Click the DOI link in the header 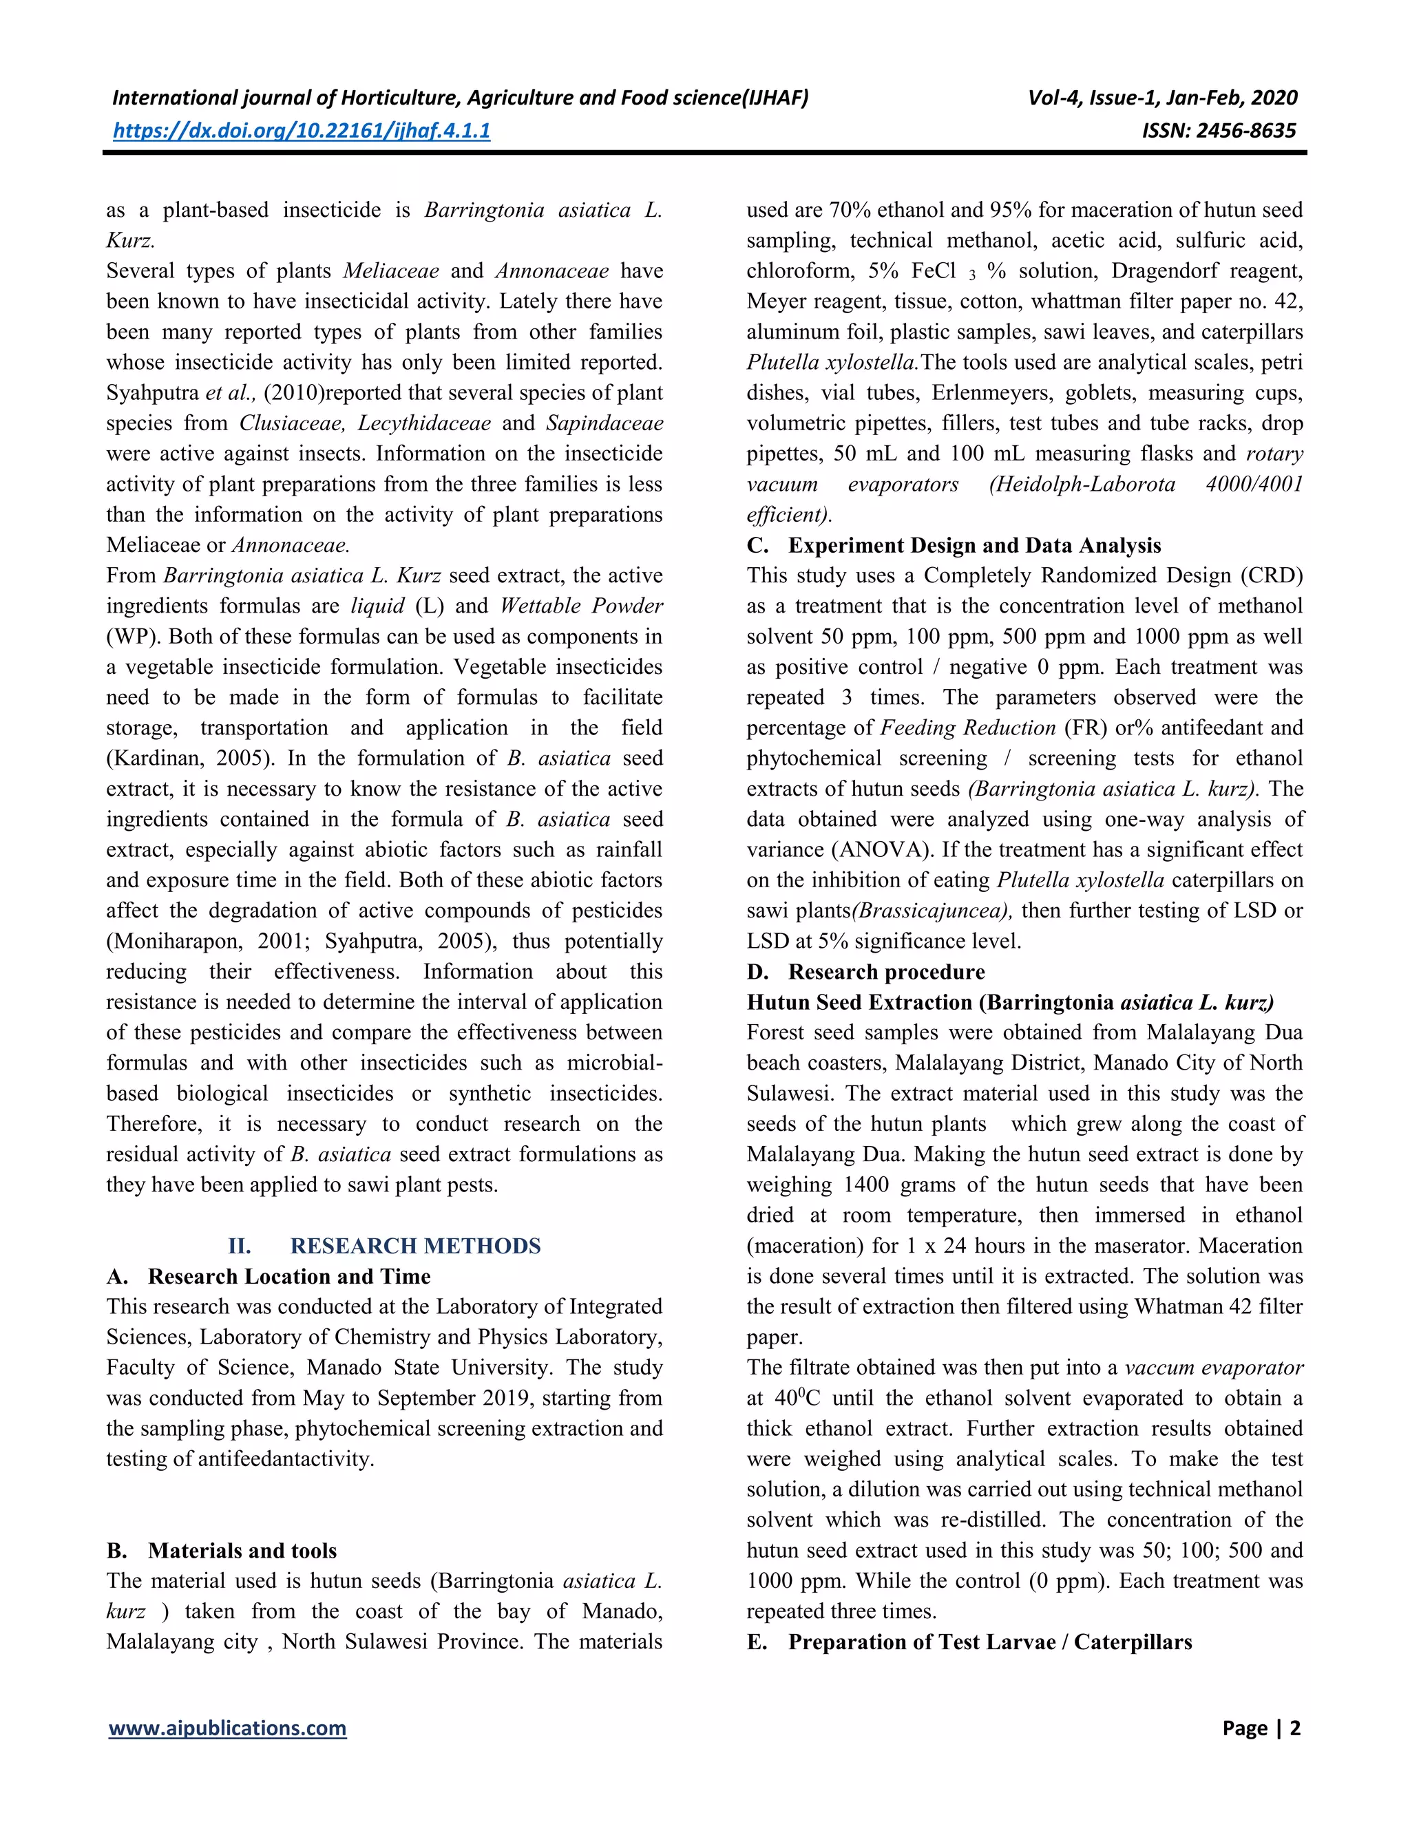[x=302, y=130]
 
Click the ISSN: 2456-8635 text [x=1219, y=130]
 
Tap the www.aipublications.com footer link [x=227, y=1728]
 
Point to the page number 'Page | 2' [x=1261, y=1728]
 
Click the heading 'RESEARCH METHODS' [x=415, y=1245]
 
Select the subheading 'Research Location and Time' [x=289, y=1276]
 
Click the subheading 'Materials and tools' [x=242, y=1550]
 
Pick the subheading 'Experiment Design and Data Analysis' [x=974, y=545]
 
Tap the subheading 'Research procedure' [x=886, y=971]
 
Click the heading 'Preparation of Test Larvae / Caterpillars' [x=990, y=1641]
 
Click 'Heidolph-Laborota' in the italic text [x=1082, y=485]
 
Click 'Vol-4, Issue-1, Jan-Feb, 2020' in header [x=1163, y=98]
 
